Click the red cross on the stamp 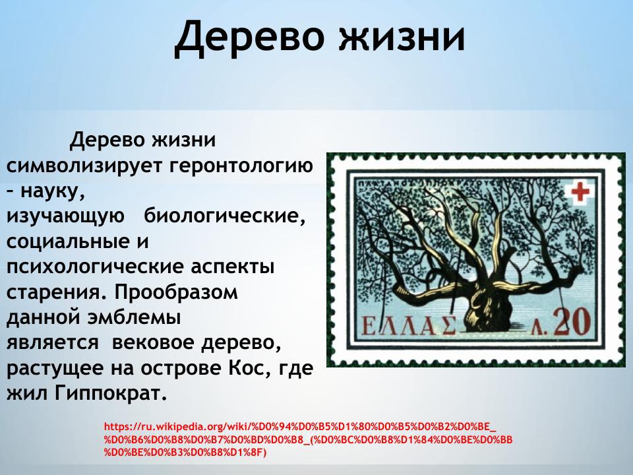point(581,192)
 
